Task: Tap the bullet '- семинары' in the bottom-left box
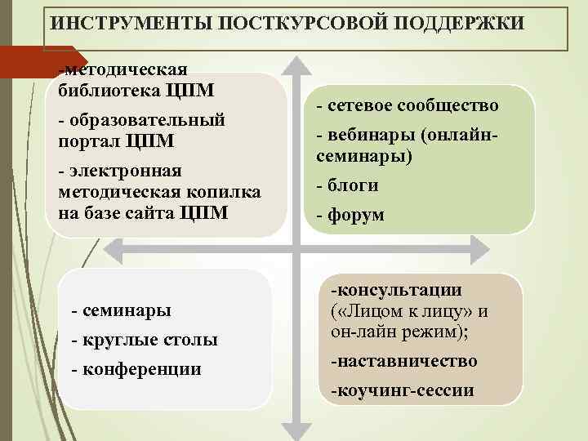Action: coord(122,310)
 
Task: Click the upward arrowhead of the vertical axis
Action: coord(294,65)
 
